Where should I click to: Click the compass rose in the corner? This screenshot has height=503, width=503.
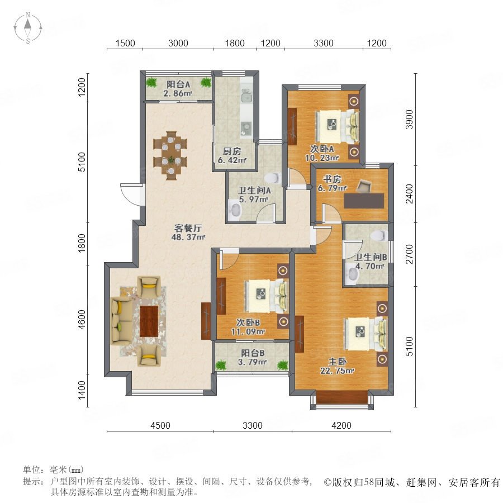[x=28, y=27]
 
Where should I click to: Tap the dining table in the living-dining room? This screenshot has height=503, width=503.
[x=171, y=155]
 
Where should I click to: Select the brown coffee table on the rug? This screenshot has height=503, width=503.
[x=149, y=321]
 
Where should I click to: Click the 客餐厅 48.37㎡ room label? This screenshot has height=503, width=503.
[x=189, y=232]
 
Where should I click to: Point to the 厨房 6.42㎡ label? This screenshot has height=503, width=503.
[x=232, y=155]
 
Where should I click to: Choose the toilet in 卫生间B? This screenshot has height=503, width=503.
[x=378, y=235]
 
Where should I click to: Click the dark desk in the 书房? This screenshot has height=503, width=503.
[x=364, y=201]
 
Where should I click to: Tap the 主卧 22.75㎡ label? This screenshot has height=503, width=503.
[x=337, y=366]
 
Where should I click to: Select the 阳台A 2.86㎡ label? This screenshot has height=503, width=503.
[x=178, y=89]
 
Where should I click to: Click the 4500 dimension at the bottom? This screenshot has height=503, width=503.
[x=160, y=425]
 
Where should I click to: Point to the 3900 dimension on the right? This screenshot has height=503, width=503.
[x=409, y=120]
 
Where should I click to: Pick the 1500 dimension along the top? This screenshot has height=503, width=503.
[x=125, y=43]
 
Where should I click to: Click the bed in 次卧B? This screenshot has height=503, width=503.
[x=266, y=296]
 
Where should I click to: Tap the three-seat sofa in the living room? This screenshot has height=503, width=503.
[x=121, y=321]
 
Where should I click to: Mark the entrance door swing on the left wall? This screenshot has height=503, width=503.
[x=131, y=194]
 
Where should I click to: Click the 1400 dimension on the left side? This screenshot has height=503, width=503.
[x=82, y=391]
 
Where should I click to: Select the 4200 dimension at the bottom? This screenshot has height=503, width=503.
[x=341, y=425]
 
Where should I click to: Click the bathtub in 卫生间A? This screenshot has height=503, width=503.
[x=235, y=211]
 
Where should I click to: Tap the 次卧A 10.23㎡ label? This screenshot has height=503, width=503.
[x=322, y=153]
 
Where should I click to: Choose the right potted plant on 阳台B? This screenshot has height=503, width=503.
[x=283, y=365]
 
